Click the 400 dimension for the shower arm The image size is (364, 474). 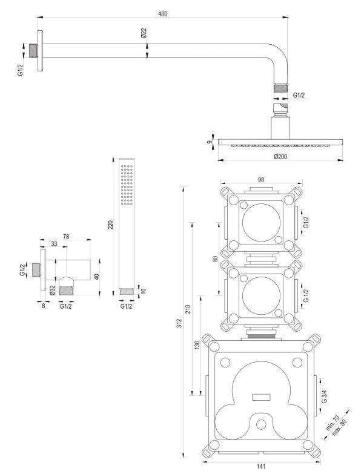[x=162, y=13]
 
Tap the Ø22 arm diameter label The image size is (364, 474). [x=144, y=33]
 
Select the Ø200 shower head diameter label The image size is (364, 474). [x=280, y=156]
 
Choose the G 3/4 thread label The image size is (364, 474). [x=324, y=398]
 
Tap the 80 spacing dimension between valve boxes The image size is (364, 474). [x=215, y=258]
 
